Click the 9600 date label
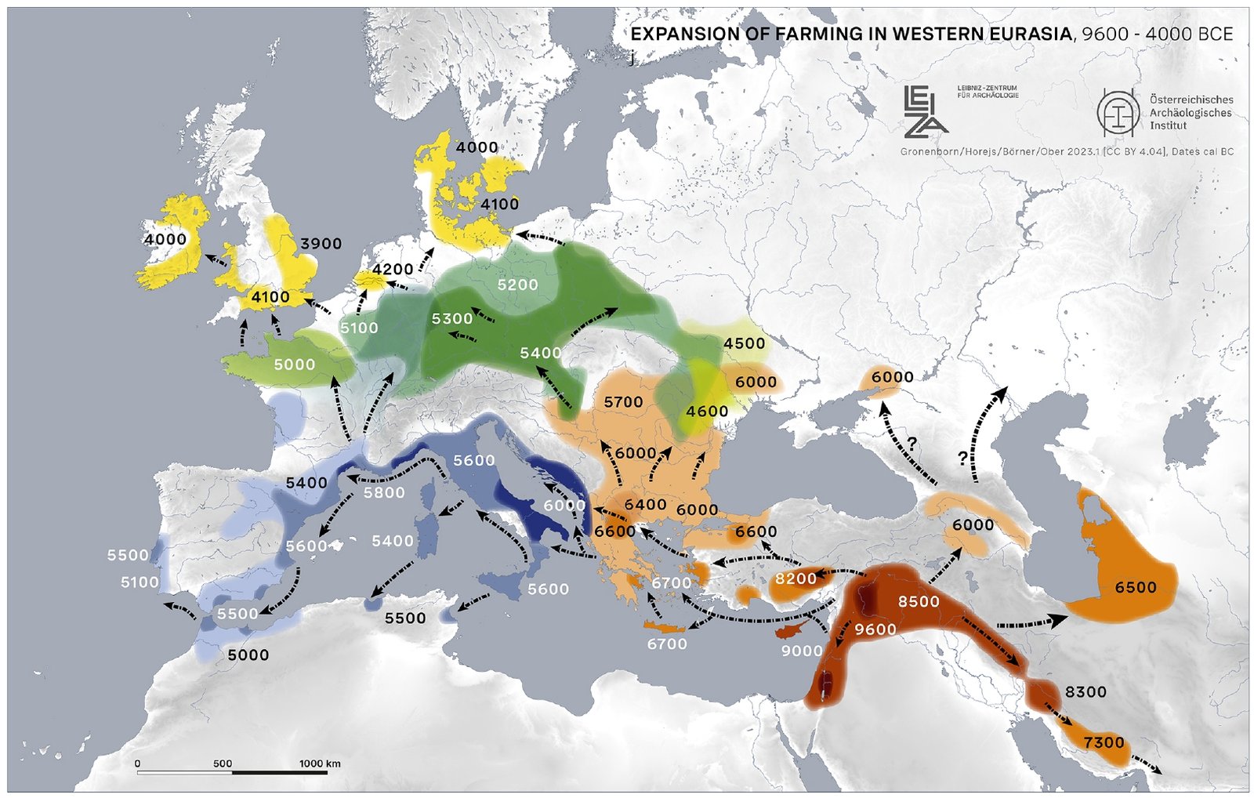tap(875, 629)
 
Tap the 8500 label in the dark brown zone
tap(919, 601)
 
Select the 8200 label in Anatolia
tap(796, 579)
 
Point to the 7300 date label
tap(1104, 742)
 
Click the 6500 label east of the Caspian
tap(1136, 587)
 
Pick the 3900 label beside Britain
tap(321, 244)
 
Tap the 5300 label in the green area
tap(452, 318)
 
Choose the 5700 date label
tap(623, 402)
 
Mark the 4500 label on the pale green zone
tap(744, 343)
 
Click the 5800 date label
tap(384, 492)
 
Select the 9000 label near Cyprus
tap(802, 650)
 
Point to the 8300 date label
tap(1085, 691)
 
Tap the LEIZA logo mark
tap(925, 110)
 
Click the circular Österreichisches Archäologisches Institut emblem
tap(1118, 111)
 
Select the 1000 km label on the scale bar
tap(320, 763)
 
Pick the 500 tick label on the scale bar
tap(223, 763)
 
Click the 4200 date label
tap(393, 270)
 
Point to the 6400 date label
tap(645, 504)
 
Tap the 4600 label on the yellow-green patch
tap(707, 411)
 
